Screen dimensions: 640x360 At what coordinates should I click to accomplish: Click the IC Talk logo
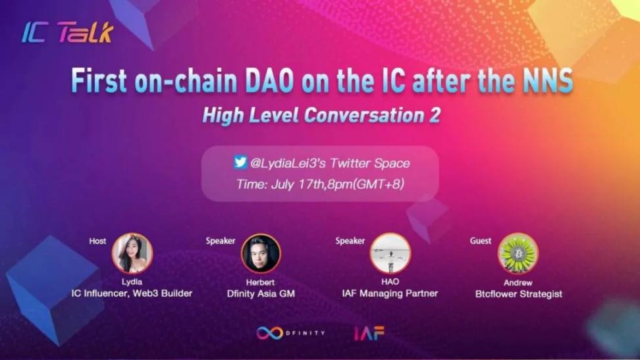[67, 33]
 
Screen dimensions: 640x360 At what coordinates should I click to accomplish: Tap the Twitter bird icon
[240, 162]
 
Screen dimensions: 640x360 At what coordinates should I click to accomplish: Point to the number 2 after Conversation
[435, 115]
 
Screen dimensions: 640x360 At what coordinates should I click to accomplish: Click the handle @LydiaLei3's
[288, 163]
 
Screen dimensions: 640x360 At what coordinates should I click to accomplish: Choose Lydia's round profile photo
[132, 253]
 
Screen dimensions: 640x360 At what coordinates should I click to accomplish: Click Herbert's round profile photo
[261, 253]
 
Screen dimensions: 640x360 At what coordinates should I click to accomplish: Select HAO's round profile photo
[390, 253]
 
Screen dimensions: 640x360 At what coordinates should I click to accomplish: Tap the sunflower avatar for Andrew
[518, 253]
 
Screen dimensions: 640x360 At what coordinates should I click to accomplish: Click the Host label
[97, 241]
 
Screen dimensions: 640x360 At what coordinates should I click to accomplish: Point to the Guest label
[481, 241]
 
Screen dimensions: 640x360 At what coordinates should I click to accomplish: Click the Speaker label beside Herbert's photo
[221, 241]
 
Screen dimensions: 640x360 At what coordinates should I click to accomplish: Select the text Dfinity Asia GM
[261, 294]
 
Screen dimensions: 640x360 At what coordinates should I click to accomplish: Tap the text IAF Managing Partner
[390, 293]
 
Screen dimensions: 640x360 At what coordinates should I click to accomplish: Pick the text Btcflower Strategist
[518, 294]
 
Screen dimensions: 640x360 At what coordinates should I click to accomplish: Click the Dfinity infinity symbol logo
[270, 333]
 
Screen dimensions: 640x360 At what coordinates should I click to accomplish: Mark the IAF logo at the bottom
[369, 333]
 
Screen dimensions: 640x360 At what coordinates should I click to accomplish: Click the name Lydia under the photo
[132, 282]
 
